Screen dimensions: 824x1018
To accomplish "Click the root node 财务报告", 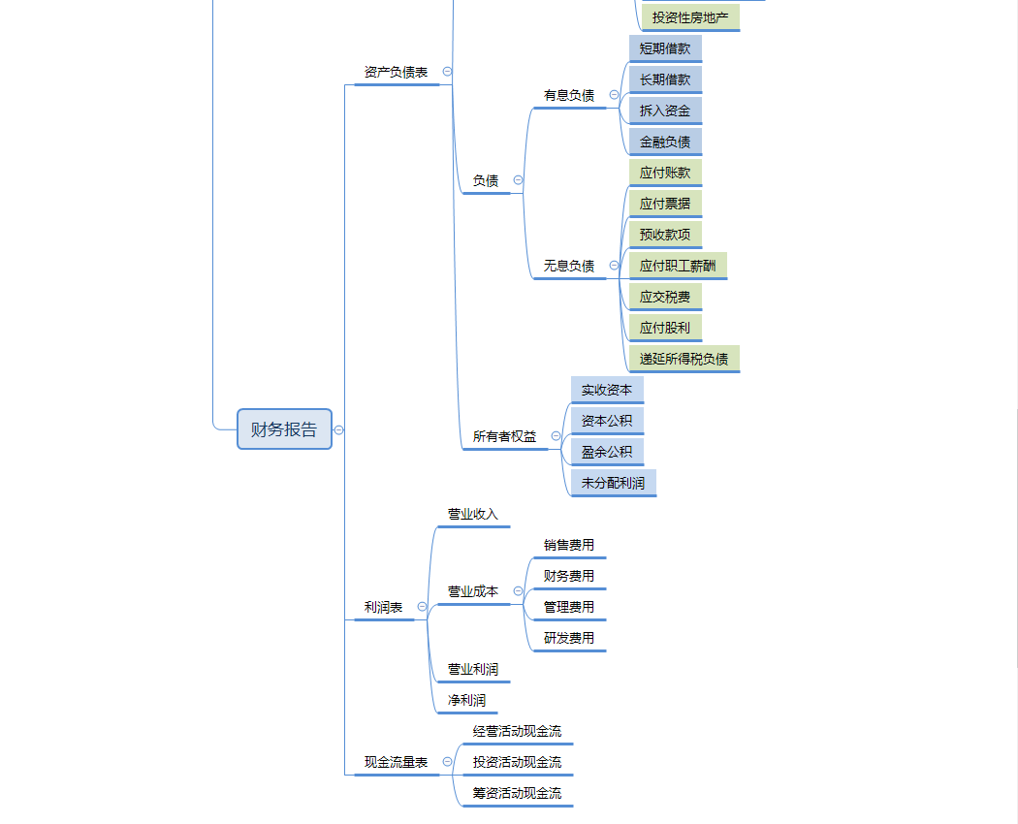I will (284, 429).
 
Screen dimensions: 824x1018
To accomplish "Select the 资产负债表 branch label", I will (396, 72).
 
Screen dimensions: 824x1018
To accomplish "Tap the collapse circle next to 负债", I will (518, 180).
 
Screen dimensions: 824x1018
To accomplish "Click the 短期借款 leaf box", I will (665, 48).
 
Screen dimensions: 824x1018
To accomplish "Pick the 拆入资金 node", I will (665, 111).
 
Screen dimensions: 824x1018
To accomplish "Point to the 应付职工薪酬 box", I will (678, 266).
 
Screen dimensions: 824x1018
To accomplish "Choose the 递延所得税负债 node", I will (684, 359).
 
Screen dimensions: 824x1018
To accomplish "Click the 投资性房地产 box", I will (690, 17).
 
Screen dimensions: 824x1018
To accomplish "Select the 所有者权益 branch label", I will (504, 436).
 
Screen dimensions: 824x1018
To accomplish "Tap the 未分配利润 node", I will (613, 483).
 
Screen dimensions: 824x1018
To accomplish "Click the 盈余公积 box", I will (607, 452).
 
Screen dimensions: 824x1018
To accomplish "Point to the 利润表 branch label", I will (383, 607).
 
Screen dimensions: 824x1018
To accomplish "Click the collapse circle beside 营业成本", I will (518, 591).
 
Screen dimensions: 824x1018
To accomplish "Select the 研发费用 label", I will (569, 638).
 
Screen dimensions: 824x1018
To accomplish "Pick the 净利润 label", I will (466, 700).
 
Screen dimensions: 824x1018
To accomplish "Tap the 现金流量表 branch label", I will (396, 762).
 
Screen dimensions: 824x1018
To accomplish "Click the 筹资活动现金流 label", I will (517, 793).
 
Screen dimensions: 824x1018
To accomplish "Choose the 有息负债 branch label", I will (569, 95).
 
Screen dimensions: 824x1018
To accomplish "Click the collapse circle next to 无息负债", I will (615, 266).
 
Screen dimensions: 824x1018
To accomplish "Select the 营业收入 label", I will (472, 514).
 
